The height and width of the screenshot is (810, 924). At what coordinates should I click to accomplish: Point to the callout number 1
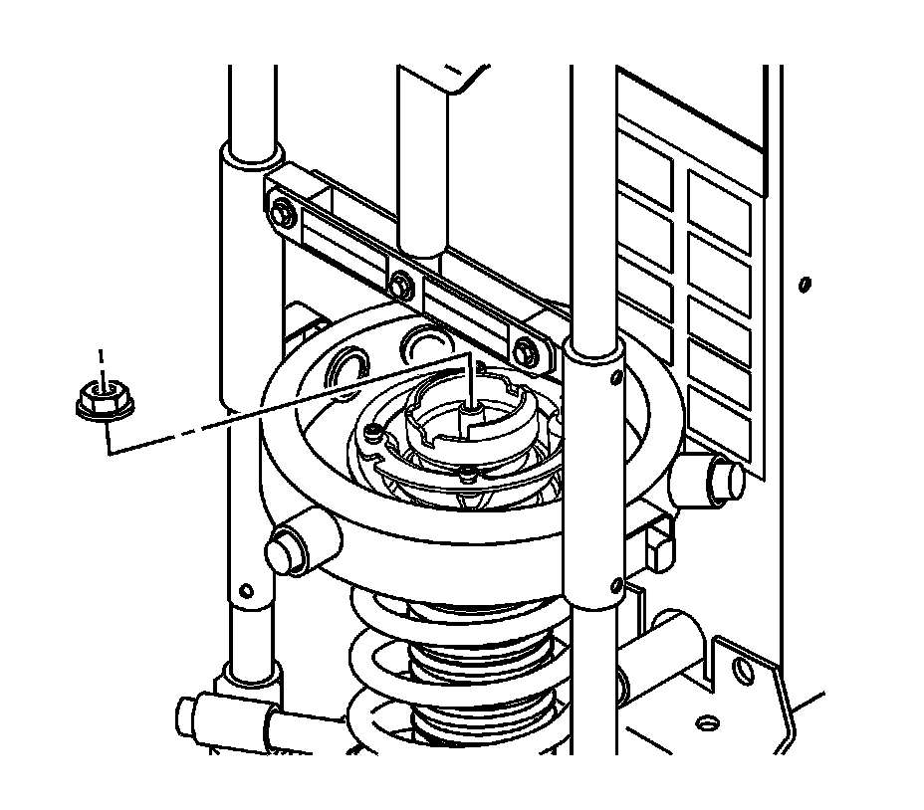point(99,356)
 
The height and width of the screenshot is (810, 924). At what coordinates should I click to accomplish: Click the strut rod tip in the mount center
point(468,410)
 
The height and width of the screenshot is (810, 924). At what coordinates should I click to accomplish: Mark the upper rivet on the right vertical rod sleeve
point(617,377)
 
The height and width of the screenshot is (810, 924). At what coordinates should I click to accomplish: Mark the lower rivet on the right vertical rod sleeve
point(617,583)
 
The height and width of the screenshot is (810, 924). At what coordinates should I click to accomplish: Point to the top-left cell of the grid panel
point(644,154)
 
